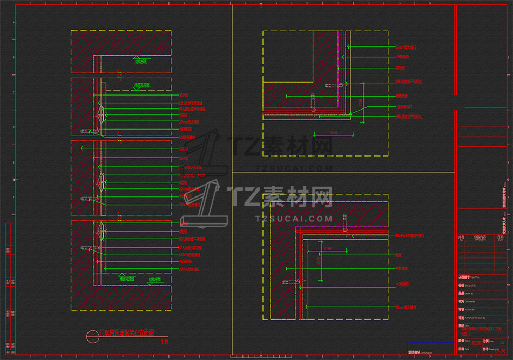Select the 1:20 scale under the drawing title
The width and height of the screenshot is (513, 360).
[x=165, y=341]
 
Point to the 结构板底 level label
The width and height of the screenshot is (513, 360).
[x=141, y=62]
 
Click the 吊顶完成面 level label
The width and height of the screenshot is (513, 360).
[x=141, y=85]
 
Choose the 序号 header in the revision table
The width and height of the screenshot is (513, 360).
[x=461, y=237]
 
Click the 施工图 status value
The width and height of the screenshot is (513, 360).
[x=476, y=342]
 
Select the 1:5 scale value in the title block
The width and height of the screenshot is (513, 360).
[x=502, y=342]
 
